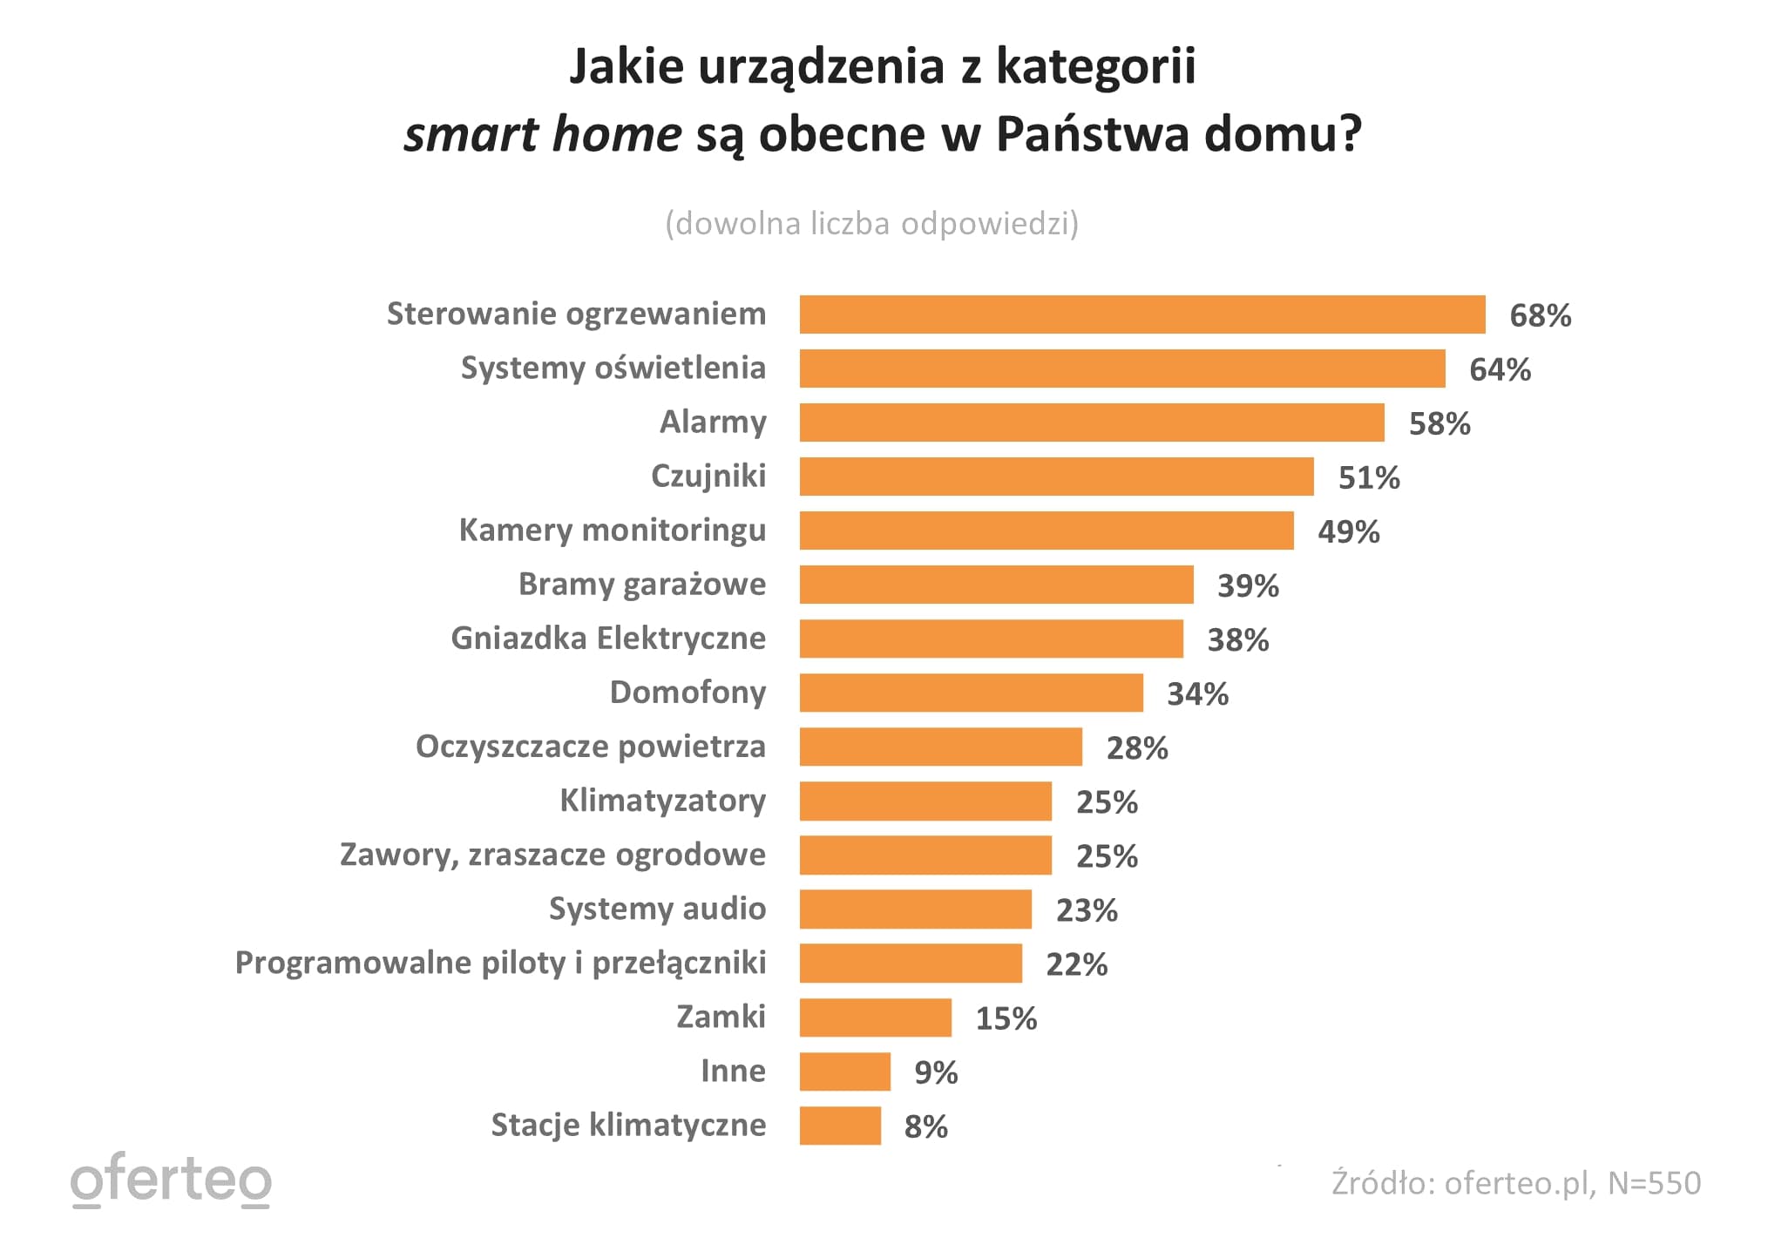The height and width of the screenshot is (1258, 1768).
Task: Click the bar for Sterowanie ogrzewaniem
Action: (1141, 314)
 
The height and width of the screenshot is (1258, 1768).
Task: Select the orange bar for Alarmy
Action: (1091, 423)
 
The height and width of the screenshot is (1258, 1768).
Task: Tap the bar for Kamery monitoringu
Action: (1046, 531)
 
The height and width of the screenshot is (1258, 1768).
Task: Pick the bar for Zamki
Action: (875, 1018)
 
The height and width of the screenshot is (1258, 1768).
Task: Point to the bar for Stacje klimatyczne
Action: (840, 1126)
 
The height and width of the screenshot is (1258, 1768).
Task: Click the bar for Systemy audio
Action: (915, 910)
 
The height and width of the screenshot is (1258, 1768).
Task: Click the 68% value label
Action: (1540, 315)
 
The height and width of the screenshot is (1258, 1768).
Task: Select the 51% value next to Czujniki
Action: (1368, 477)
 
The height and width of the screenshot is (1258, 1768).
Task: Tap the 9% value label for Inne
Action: (935, 1072)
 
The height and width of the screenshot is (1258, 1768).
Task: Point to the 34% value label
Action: (1197, 694)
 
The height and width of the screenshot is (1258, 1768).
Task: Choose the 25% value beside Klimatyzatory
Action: (1107, 802)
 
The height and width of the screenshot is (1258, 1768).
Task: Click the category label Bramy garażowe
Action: (641, 585)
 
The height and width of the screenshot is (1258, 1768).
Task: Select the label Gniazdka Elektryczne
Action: (608, 639)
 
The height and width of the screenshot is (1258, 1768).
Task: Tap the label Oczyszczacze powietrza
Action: (590, 747)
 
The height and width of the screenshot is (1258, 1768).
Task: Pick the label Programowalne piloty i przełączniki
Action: (500, 963)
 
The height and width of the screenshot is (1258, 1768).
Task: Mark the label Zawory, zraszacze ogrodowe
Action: (552, 855)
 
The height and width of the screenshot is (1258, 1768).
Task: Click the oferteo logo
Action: (171, 1180)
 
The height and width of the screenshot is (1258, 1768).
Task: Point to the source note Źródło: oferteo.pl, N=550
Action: (1515, 1183)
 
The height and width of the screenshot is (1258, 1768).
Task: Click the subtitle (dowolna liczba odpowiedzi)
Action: (871, 224)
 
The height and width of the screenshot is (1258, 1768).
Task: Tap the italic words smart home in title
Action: (542, 135)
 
